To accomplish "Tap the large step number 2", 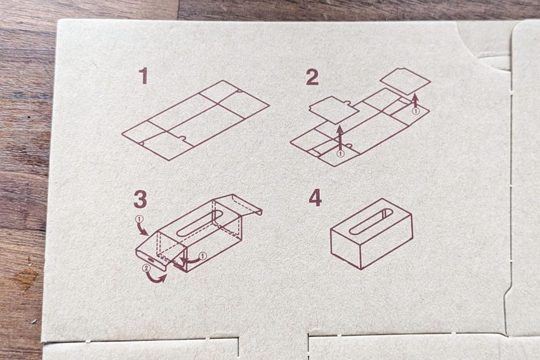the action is pyautogui.click(x=312, y=77).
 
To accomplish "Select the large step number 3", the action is pyautogui.click(x=140, y=199).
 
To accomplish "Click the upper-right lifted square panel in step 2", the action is pyautogui.click(x=405, y=81).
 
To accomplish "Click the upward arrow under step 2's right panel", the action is pyautogui.click(x=416, y=101).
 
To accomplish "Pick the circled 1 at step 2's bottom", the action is pyautogui.click(x=340, y=153).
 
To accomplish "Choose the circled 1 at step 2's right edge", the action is pyautogui.click(x=416, y=112).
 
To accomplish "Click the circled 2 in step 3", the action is pyautogui.click(x=147, y=267).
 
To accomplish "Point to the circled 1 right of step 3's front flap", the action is pyautogui.click(x=202, y=256).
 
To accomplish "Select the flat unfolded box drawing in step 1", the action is pyautogui.click(x=196, y=120).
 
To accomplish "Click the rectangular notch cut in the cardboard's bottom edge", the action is pyautogui.click(x=273, y=346).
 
